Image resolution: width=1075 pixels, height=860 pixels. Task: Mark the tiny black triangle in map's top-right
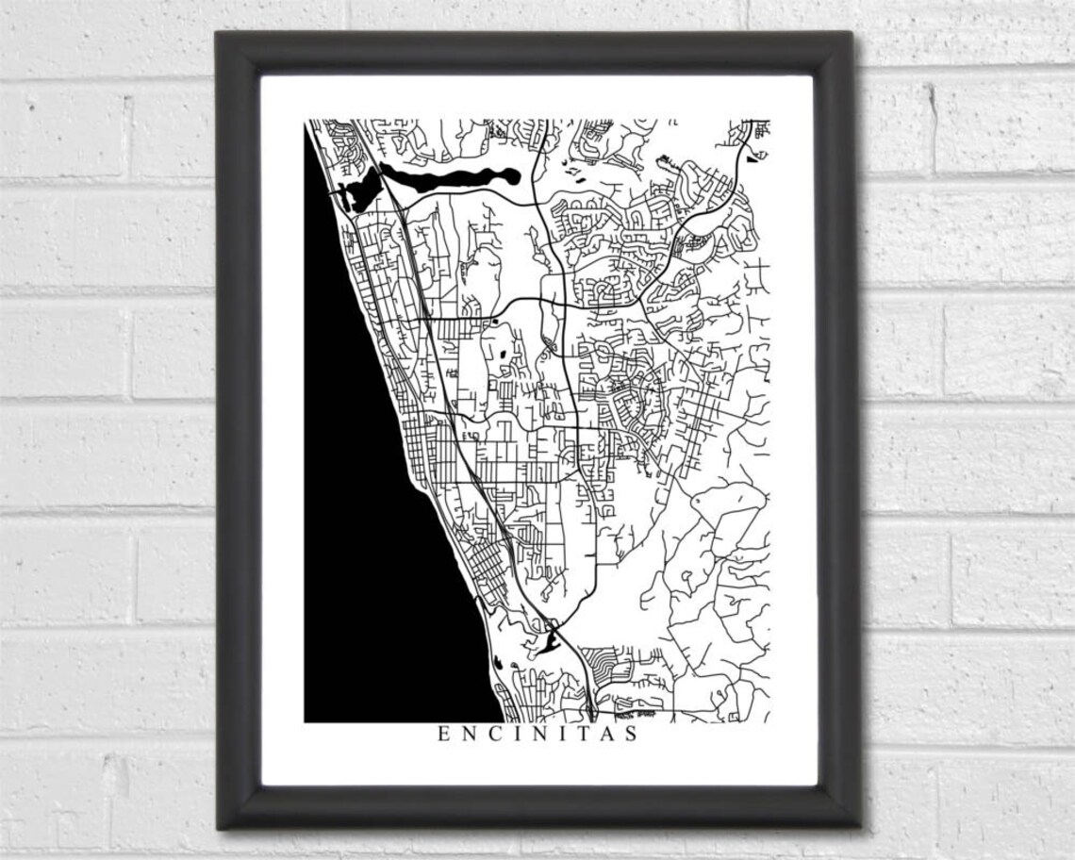click(751, 158)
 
